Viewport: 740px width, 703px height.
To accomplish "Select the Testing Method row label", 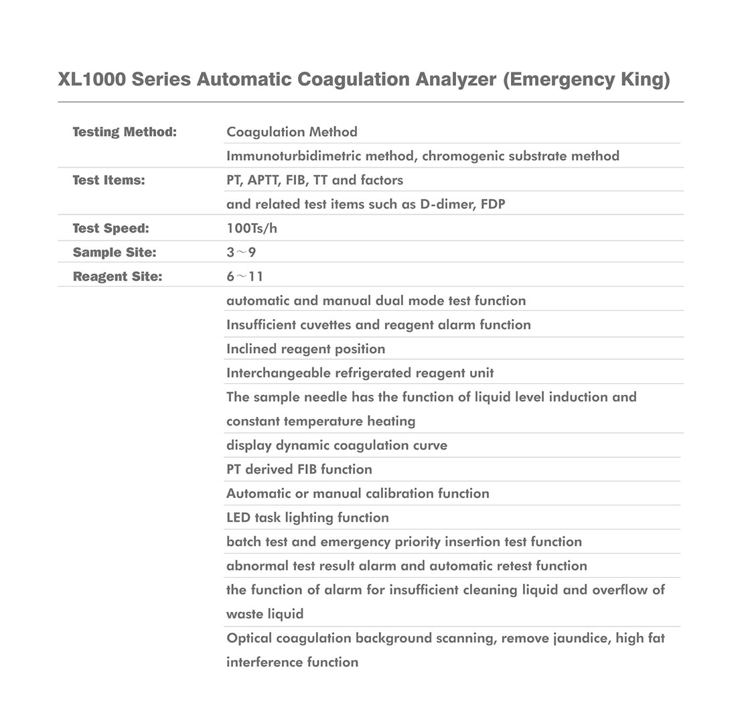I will tap(125, 132).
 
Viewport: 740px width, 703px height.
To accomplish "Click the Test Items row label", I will tap(108, 180).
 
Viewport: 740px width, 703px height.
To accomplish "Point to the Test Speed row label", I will tap(110, 229).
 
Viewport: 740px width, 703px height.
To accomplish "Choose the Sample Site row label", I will tap(114, 253).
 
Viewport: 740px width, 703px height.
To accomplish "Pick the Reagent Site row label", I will tap(117, 277).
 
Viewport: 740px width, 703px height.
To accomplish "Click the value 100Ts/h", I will tap(252, 229).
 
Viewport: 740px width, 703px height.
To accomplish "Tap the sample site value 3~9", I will tap(241, 253).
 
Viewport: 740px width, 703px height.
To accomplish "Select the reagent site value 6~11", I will tap(244, 277).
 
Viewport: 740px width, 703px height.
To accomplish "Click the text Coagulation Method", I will tap(292, 132).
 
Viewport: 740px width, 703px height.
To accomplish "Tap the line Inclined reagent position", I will tap(305, 349).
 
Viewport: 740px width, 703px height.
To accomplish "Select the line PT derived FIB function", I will tap(299, 470).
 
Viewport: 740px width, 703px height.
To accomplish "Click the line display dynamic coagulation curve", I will tap(337, 446).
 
